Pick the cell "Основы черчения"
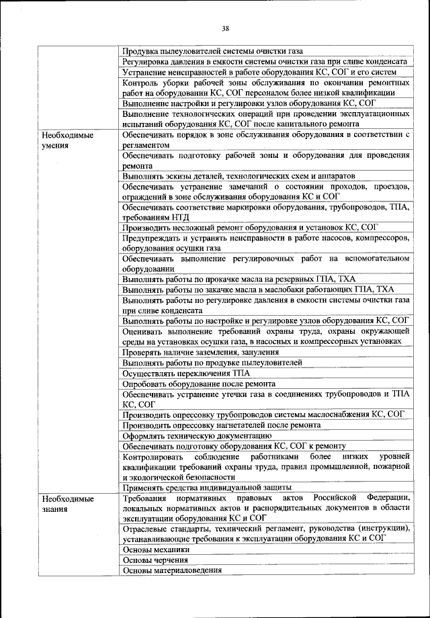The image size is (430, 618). pos(155,560)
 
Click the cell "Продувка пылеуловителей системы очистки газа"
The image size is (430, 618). pos(212,50)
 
